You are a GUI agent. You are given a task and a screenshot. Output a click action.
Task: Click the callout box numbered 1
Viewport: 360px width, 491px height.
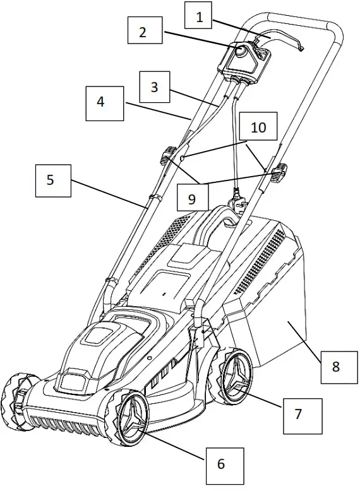[x=200, y=17]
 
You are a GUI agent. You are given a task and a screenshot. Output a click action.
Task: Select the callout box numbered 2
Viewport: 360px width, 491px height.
[x=142, y=32]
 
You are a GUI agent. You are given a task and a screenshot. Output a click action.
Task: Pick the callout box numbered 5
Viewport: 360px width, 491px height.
[x=51, y=180]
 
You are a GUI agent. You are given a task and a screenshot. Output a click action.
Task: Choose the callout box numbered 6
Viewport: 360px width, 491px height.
[x=220, y=464]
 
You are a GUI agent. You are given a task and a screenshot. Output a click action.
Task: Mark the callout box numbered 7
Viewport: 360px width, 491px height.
[x=299, y=414]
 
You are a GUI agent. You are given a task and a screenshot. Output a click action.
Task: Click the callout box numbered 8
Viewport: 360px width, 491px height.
[x=336, y=367]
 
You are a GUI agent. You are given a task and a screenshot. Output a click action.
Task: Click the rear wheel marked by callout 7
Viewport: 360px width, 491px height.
[x=234, y=377]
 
